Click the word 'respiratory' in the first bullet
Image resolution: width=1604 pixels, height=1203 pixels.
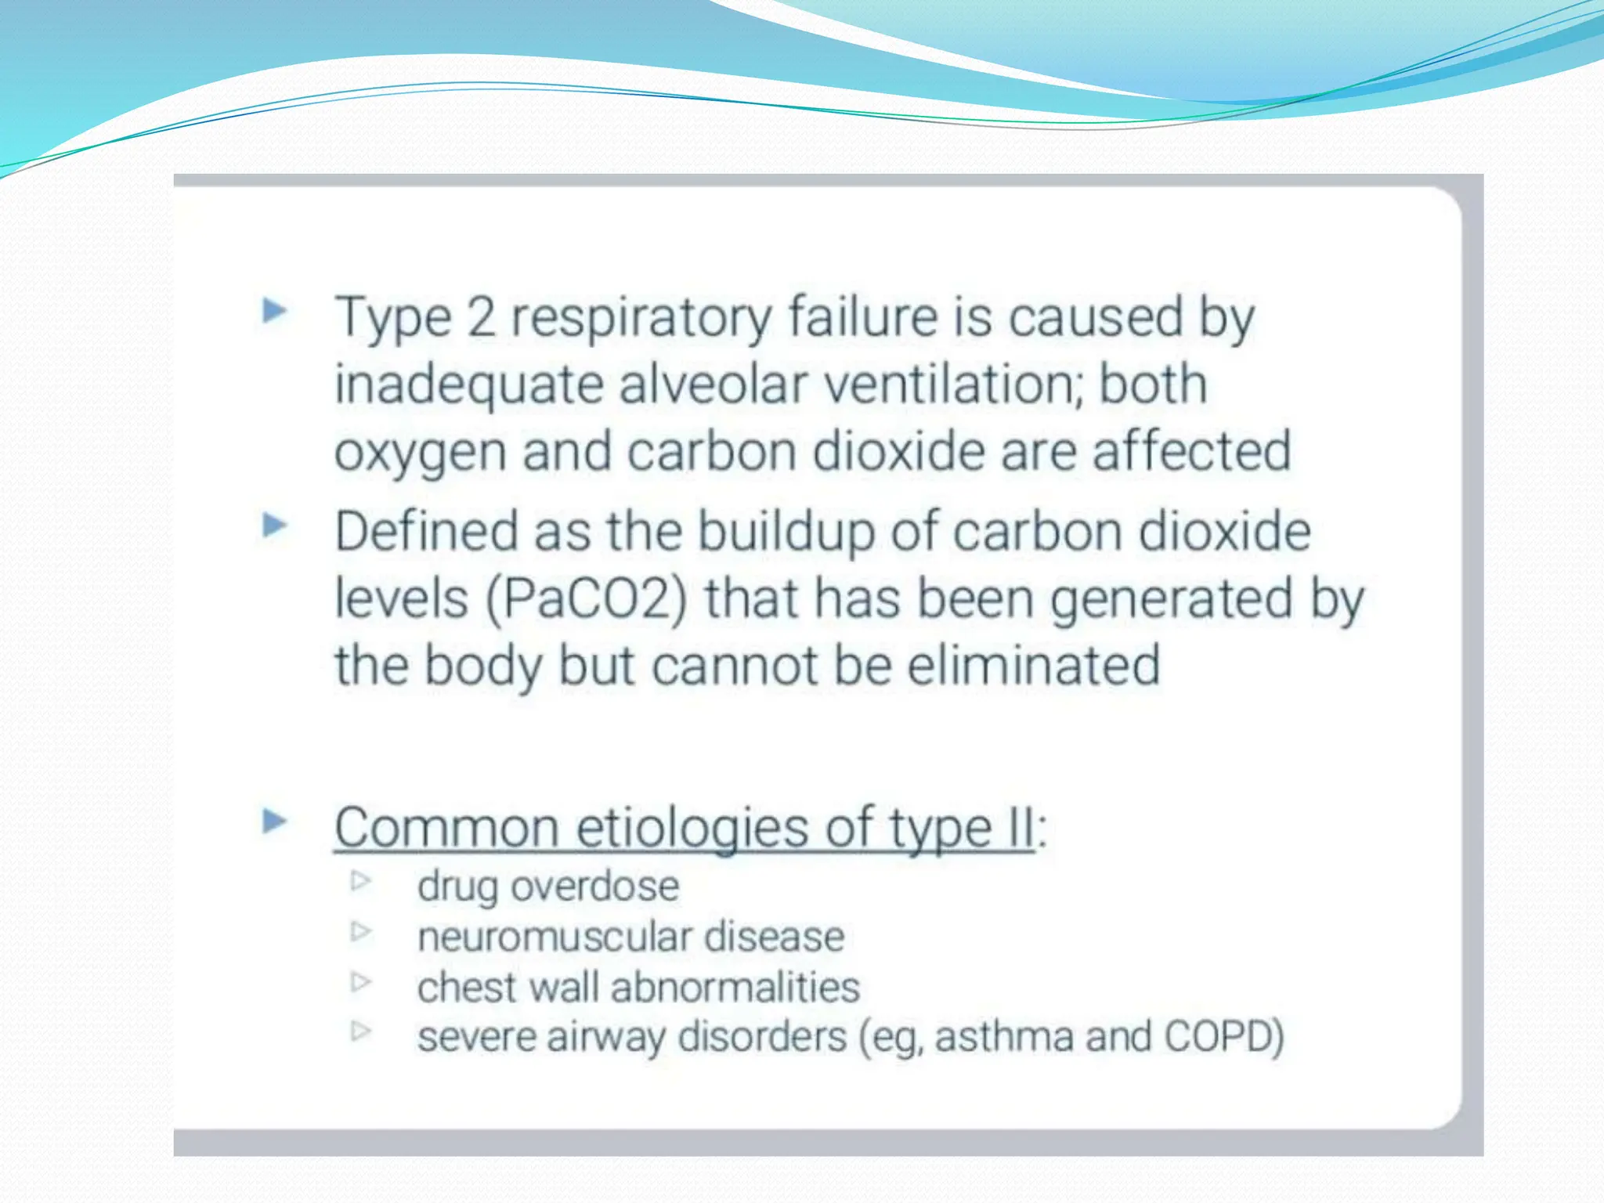click(641, 320)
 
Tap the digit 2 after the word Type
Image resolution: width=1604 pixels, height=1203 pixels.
click(481, 317)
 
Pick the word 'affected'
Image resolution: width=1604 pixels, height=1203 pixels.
click(1191, 452)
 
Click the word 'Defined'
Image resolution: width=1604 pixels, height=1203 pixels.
click(426, 532)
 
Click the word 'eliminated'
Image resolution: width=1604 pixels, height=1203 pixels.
click(1033, 667)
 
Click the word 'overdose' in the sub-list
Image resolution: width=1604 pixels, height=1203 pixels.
click(595, 887)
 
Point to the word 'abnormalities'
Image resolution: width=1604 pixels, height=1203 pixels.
click(735, 987)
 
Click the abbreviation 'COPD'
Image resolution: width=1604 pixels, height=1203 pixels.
click(1223, 1036)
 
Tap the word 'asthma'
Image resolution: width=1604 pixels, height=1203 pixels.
click(1004, 1037)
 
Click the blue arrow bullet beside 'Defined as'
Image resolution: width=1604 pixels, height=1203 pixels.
click(274, 525)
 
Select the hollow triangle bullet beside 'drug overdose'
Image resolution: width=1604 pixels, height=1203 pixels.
click(360, 881)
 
